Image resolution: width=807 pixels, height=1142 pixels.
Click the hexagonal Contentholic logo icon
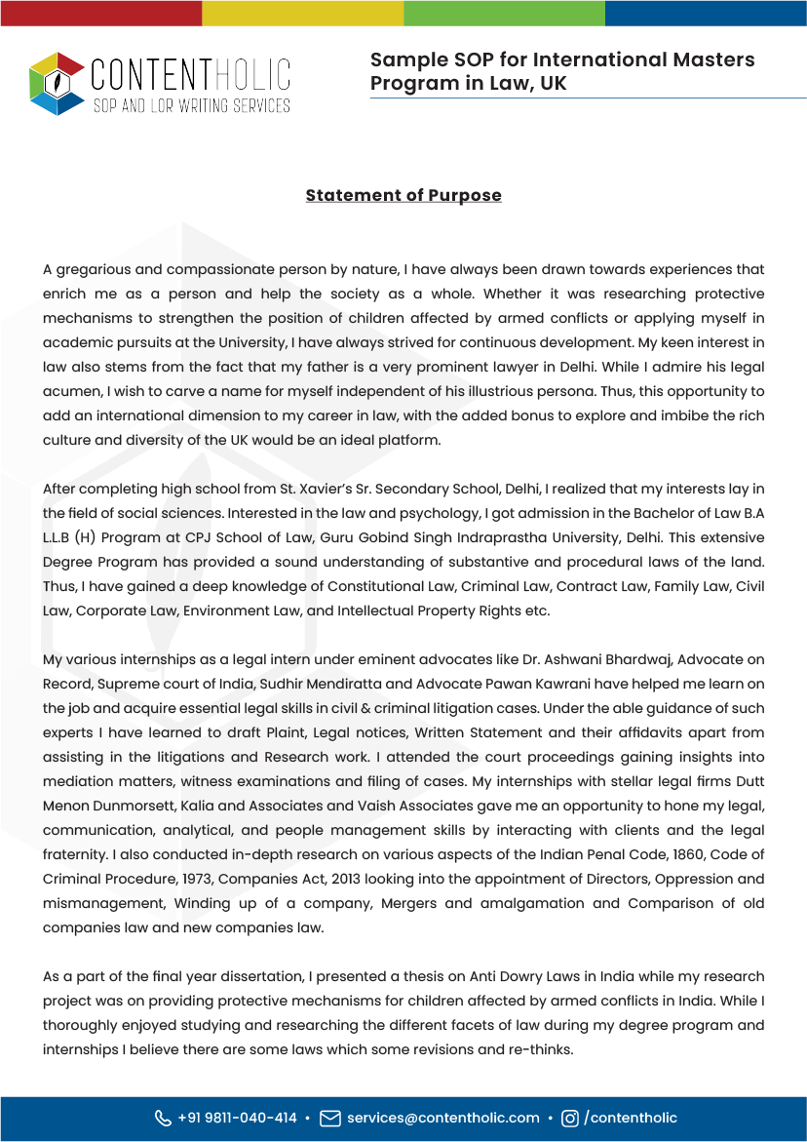58,84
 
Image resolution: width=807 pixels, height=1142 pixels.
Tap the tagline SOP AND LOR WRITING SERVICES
191,105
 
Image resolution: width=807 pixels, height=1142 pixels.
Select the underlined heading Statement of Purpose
403,195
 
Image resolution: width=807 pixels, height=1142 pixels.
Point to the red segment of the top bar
100,13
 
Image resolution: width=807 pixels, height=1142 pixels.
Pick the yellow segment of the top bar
302,13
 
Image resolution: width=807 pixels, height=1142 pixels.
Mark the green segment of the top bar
504,13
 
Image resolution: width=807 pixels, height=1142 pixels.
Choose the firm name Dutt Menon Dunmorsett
115,806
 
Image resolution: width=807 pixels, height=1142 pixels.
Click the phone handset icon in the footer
163,1118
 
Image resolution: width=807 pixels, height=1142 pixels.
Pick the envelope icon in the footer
330,1118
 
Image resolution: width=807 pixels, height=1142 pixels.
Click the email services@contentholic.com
443,1118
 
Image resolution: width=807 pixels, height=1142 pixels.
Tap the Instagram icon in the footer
570,1118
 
